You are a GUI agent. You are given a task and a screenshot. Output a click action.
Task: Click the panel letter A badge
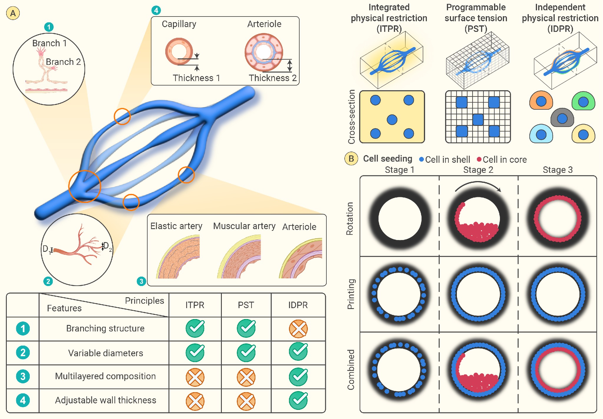(13, 13)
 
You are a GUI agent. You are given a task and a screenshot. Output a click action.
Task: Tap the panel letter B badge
(351, 159)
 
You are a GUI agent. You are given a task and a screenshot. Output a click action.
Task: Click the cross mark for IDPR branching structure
(298, 328)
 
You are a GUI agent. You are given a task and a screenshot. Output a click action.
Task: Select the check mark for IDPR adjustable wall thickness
(298, 400)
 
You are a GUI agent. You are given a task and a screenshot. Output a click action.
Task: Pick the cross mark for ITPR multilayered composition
(195, 377)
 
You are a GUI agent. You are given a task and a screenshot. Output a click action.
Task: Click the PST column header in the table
(246, 305)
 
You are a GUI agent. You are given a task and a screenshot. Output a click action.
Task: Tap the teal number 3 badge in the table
(23, 377)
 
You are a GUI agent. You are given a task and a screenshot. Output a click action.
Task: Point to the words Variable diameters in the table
(105, 353)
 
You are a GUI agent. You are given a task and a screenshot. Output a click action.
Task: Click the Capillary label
(179, 24)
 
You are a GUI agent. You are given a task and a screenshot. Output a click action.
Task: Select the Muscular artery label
(244, 226)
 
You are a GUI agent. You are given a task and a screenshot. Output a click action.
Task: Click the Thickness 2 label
(272, 78)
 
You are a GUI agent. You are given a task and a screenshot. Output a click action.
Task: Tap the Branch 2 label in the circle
(63, 62)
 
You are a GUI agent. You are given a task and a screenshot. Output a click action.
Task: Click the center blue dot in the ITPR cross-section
(392, 120)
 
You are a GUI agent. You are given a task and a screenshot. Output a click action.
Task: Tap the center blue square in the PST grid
(478, 120)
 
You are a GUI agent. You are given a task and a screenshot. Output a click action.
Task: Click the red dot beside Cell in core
(479, 159)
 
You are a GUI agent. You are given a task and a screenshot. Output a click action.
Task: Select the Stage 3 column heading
(558, 170)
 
